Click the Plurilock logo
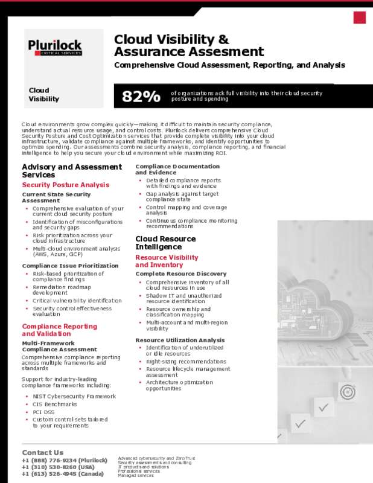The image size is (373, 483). tap(55, 47)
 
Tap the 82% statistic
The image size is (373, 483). tap(141, 97)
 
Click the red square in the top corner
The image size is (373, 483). tap(360, 18)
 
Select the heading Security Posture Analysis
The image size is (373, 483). tap(66, 185)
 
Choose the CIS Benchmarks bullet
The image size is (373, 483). tap(55, 404)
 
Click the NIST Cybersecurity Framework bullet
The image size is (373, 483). tap(74, 396)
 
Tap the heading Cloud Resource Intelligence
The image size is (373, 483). tap(165, 243)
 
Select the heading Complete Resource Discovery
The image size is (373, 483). tap(181, 274)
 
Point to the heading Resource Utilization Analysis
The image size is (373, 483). tap(180, 341)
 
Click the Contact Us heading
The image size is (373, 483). tap(42, 452)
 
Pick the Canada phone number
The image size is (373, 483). tap(63, 474)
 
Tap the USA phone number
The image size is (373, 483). tap(58, 467)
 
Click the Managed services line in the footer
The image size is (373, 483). tap(136, 476)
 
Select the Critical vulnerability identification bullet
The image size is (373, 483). tap(77, 301)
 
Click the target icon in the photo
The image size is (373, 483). tap(348, 392)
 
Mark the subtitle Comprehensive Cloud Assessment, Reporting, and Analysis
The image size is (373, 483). tap(229, 65)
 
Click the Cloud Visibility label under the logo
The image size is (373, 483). tap(44, 95)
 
